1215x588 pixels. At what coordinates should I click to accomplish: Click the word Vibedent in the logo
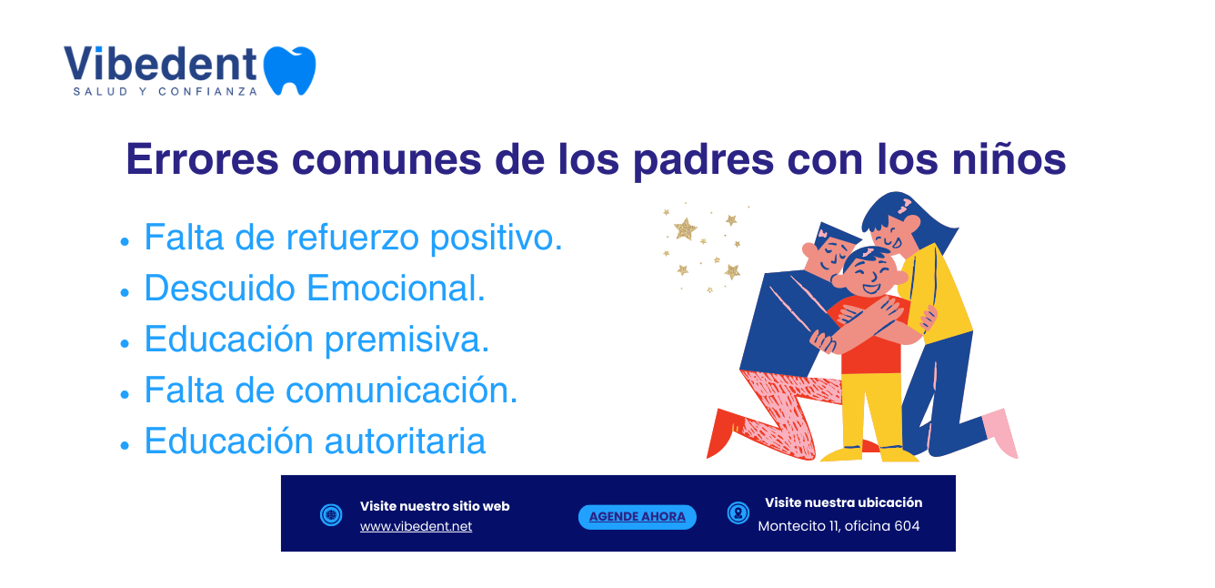(161, 64)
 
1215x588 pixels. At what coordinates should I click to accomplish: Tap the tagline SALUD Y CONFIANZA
(166, 92)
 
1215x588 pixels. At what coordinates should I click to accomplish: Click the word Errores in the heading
(202, 159)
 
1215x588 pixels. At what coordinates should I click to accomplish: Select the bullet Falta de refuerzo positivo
(353, 238)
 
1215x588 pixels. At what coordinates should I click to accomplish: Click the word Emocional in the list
(396, 288)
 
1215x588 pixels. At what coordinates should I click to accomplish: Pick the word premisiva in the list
(407, 340)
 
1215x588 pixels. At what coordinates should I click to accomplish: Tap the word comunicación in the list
(401, 390)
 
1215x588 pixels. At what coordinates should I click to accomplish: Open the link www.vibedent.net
(416, 526)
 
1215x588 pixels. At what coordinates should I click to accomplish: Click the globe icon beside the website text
(331, 514)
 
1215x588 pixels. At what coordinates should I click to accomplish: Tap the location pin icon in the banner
(738, 512)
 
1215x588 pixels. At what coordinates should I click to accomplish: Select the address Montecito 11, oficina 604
(838, 526)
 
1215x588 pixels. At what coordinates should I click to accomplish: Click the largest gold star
(686, 229)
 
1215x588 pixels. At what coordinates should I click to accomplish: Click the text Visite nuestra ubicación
(843, 502)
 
